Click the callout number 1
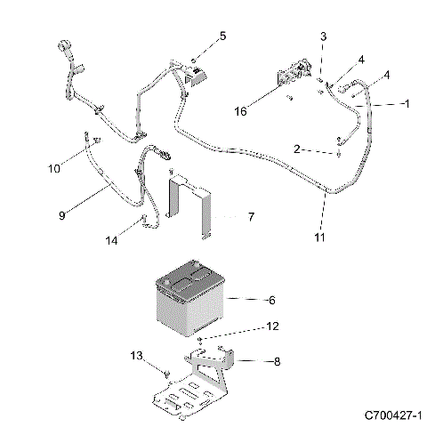click(x=406, y=104)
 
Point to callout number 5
click(x=222, y=36)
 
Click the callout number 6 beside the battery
click(x=248, y=300)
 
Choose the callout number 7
click(x=251, y=216)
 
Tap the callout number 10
click(x=53, y=167)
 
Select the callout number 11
click(x=318, y=238)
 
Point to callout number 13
click(x=137, y=356)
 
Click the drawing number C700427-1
click(x=391, y=415)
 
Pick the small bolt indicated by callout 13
click(x=166, y=371)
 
